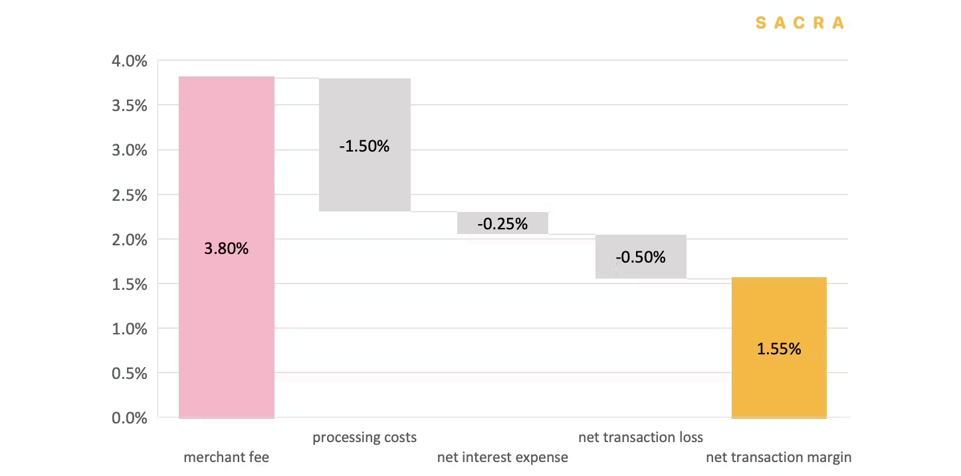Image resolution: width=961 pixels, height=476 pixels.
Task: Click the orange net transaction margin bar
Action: (x=779, y=386)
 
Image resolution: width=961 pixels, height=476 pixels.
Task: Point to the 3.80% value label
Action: (x=227, y=249)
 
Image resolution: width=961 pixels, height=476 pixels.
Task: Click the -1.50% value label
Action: (x=364, y=146)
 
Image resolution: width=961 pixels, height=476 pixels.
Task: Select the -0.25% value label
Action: (x=502, y=224)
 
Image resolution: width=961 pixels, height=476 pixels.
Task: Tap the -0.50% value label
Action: (x=641, y=257)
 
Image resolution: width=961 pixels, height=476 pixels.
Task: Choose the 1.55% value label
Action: (x=779, y=348)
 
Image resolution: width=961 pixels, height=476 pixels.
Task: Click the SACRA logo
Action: (x=800, y=23)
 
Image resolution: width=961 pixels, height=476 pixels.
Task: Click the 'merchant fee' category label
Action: (x=227, y=457)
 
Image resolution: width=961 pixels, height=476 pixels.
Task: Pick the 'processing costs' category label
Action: (x=364, y=437)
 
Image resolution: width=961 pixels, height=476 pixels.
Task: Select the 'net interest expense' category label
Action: (x=502, y=457)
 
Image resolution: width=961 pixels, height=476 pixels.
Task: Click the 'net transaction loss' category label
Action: (x=641, y=437)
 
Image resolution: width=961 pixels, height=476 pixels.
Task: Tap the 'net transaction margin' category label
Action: (x=778, y=457)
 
